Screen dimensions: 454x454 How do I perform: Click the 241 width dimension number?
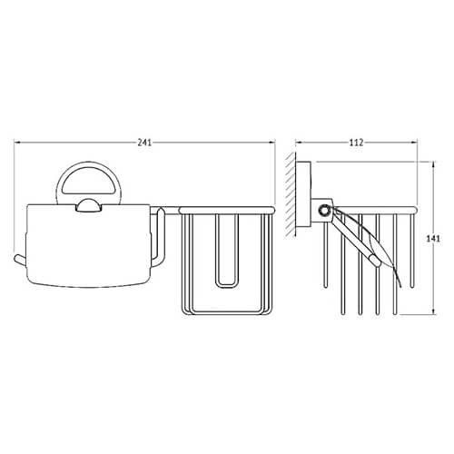[x=144, y=143]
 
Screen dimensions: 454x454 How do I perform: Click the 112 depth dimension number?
[x=356, y=143]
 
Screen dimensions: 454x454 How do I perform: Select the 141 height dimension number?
[x=433, y=239]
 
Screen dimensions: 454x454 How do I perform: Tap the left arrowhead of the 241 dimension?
[x=17, y=142]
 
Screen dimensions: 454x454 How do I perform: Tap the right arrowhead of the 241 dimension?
[x=271, y=142]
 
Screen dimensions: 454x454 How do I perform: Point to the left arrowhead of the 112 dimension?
[x=299, y=142]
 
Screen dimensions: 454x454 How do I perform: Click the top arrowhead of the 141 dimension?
[x=434, y=165]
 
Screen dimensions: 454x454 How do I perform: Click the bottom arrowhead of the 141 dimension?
[x=434, y=311]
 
